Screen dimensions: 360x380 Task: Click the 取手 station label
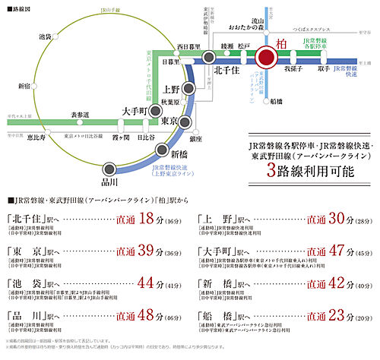point(325,69)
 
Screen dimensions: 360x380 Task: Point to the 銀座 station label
point(196,139)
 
